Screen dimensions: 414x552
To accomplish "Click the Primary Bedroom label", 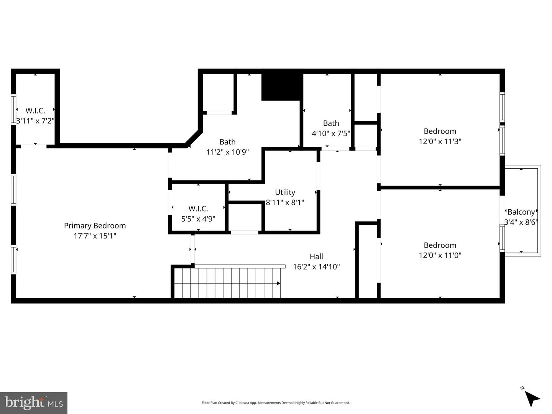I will click(x=95, y=226).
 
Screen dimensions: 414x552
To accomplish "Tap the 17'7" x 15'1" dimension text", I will click(x=95, y=236).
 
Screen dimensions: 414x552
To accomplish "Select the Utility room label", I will click(x=285, y=192).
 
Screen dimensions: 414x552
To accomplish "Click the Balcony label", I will click(x=521, y=212).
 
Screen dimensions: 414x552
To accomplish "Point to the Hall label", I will click(x=316, y=256).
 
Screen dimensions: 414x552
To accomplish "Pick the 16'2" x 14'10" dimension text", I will click(x=316, y=266).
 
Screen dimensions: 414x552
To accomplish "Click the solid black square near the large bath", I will click(x=281, y=87).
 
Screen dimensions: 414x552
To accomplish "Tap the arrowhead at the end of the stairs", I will click(x=278, y=284).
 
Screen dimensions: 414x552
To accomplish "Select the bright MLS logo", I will click(x=34, y=402).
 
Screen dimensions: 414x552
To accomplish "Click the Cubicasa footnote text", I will click(x=276, y=403).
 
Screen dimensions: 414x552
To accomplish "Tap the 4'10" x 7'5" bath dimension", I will click(x=331, y=133).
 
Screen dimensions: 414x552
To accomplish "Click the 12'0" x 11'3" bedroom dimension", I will click(x=440, y=141).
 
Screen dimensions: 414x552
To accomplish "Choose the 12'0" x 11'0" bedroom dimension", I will click(x=440, y=255).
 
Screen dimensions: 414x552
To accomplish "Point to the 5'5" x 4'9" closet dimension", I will click(x=198, y=219).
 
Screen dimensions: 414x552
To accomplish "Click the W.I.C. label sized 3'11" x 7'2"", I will click(x=35, y=111).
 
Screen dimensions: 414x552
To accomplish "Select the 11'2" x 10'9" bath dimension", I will click(x=227, y=152).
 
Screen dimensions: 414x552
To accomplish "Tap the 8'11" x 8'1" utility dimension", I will click(x=285, y=202).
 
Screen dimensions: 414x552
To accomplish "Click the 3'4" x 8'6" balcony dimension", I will click(x=521, y=222).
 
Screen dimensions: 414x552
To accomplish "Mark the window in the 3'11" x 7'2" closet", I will click(x=13, y=109).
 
